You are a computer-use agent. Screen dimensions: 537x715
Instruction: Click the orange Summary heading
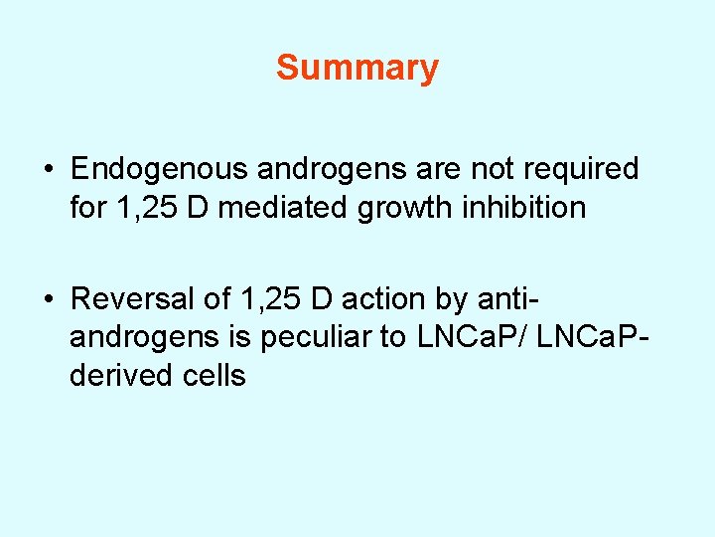(357, 68)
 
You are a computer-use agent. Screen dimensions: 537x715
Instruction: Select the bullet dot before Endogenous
(50, 170)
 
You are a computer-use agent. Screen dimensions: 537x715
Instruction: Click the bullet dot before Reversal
(50, 298)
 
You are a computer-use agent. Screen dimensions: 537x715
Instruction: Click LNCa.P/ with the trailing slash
(474, 337)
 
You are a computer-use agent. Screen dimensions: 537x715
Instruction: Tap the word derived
(118, 376)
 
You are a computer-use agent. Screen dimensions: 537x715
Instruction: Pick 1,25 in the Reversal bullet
(267, 297)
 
